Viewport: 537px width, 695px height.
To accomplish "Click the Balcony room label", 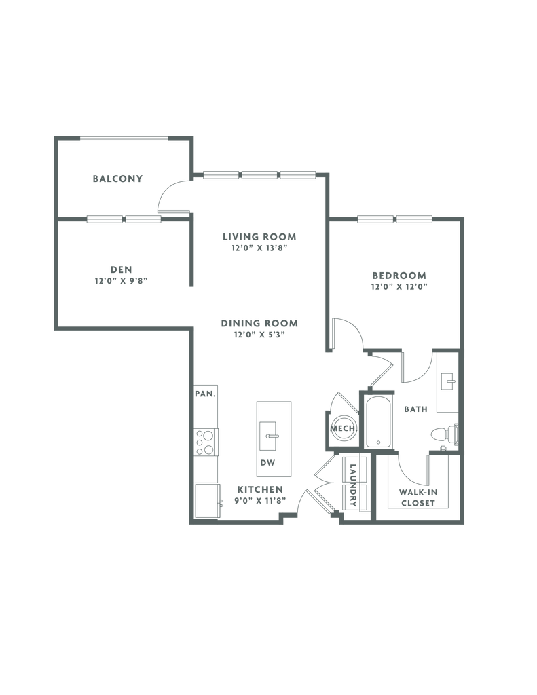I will [x=117, y=180].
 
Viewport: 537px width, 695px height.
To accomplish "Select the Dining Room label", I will [x=259, y=237].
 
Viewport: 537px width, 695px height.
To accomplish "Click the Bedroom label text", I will [x=399, y=276].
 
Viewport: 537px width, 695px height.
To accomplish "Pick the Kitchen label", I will [x=259, y=489].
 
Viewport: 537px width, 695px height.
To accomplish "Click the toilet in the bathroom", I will [x=442, y=434].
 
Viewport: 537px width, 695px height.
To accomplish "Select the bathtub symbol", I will [x=379, y=421].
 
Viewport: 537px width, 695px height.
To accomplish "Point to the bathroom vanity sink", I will [x=449, y=383].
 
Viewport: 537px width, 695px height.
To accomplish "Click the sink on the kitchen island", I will [x=272, y=436].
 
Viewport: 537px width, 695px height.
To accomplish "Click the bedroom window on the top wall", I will [x=394, y=219].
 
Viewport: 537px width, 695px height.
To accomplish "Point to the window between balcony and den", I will [x=123, y=218].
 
